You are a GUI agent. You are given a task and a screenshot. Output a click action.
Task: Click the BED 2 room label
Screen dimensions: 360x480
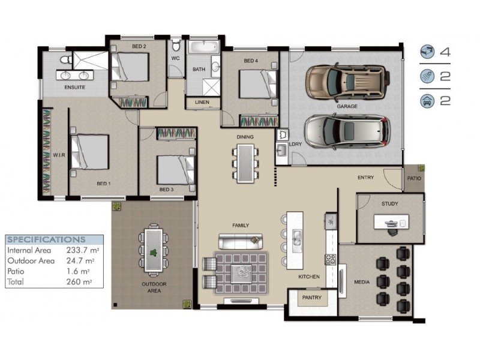point(139,46)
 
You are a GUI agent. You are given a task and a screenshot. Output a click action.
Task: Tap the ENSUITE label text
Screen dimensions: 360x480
point(75,88)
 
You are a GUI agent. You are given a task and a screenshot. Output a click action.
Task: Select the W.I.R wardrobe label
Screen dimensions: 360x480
point(59,155)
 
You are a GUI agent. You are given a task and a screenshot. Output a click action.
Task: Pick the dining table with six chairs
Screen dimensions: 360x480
point(245,163)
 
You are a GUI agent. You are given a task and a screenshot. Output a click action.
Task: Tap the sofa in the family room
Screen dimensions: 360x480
point(241,241)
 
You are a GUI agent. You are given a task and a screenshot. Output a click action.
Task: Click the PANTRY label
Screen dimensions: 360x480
point(311,298)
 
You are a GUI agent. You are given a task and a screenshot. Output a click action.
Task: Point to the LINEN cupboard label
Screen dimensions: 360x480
point(202,103)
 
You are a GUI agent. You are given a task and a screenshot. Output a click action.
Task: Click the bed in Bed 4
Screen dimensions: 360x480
point(259,83)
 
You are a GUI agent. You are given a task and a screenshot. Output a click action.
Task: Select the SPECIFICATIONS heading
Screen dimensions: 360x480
point(46,239)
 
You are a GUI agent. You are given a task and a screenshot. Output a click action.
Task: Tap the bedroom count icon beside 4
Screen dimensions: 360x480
point(428,52)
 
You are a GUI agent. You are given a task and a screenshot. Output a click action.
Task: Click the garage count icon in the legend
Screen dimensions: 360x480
point(428,100)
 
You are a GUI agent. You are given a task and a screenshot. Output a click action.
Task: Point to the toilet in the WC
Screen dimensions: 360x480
point(176,46)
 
